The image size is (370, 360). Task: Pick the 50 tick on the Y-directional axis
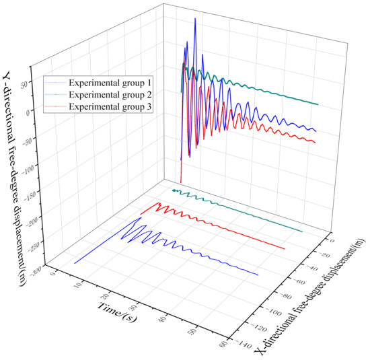click(x=36, y=85)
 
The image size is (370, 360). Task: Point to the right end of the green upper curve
click(x=318, y=105)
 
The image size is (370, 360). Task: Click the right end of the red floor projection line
click(x=285, y=249)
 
